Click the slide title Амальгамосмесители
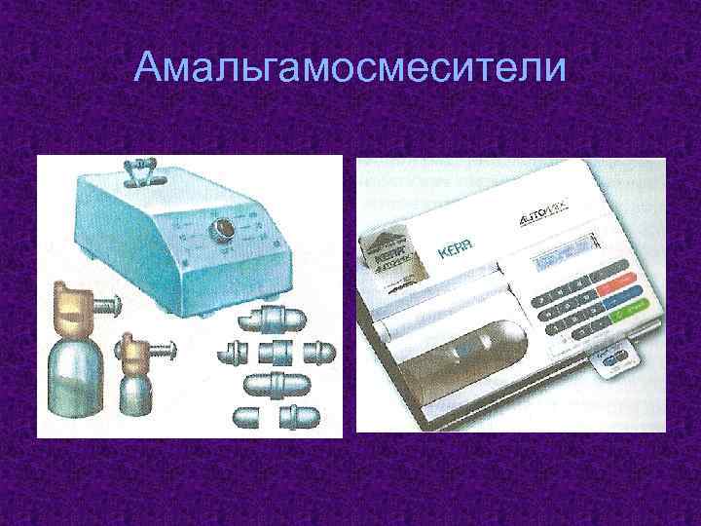click(x=350, y=67)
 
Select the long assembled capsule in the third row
click(x=275, y=382)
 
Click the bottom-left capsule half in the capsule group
click(x=244, y=417)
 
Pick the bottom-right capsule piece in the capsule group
click(x=292, y=418)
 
